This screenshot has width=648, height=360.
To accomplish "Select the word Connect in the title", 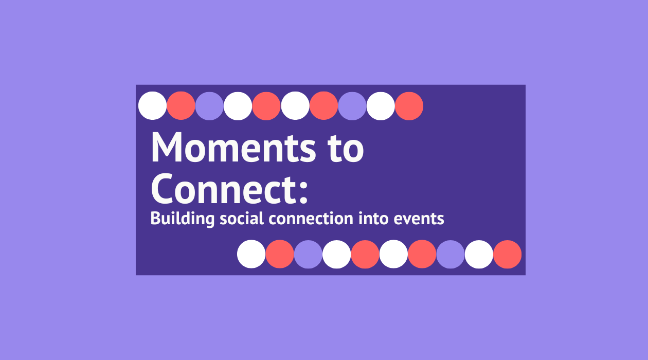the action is pyautogui.click(x=222, y=189).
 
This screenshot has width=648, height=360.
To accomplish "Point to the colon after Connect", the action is pyautogui.click(x=303, y=192).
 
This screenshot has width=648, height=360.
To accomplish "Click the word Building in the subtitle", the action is pyautogui.click(x=182, y=219).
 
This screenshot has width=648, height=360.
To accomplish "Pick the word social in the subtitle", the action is pyautogui.click(x=242, y=218).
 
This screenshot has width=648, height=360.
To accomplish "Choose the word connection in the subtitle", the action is pyautogui.click(x=311, y=219).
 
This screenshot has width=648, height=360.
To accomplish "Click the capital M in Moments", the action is pyautogui.click(x=166, y=147).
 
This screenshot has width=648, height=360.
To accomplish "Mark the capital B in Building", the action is pyautogui.click(x=156, y=219).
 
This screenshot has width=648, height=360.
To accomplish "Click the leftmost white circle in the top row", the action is pyautogui.click(x=152, y=105).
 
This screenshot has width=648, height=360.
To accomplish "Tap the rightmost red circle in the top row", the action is pyautogui.click(x=409, y=106).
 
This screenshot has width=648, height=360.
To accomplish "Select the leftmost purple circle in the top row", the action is pyautogui.click(x=209, y=106).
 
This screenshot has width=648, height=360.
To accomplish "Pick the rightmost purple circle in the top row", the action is pyautogui.click(x=352, y=106).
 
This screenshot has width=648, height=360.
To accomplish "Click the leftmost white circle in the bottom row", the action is pyautogui.click(x=251, y=254).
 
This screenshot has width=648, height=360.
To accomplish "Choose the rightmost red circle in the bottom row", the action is pyautogui.click(x=508, y=255).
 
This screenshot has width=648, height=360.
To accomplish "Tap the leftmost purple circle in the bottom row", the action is pyautogui.click(x=308, y=255).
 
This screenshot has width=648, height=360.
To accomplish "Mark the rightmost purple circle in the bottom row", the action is pyautogui.click(x=451, y=255).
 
